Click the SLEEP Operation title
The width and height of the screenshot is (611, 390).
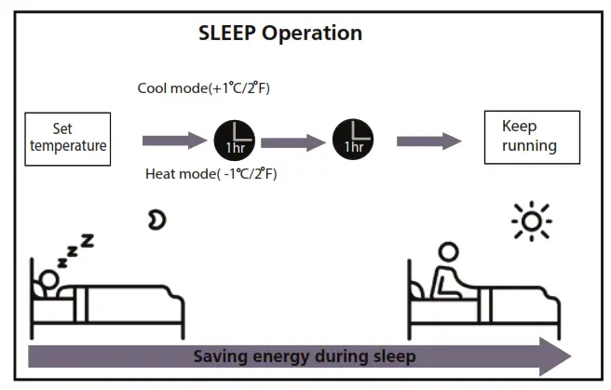[280, 34]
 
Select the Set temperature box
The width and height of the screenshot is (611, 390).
[67, 138]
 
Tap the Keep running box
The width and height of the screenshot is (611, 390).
[530, 137]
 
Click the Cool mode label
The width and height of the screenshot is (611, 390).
[204, 88]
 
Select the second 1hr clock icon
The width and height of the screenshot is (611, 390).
[353, 139]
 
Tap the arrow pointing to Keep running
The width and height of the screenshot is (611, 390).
[429, 141]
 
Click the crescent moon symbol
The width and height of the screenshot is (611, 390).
[156, 220]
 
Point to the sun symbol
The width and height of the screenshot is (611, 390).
[532, 221]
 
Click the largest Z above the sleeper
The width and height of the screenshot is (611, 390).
[88, 241]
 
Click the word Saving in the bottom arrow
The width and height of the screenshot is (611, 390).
[220, 356]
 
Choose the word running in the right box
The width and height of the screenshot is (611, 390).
[530, 145]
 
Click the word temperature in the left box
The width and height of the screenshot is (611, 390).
[67, 145]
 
